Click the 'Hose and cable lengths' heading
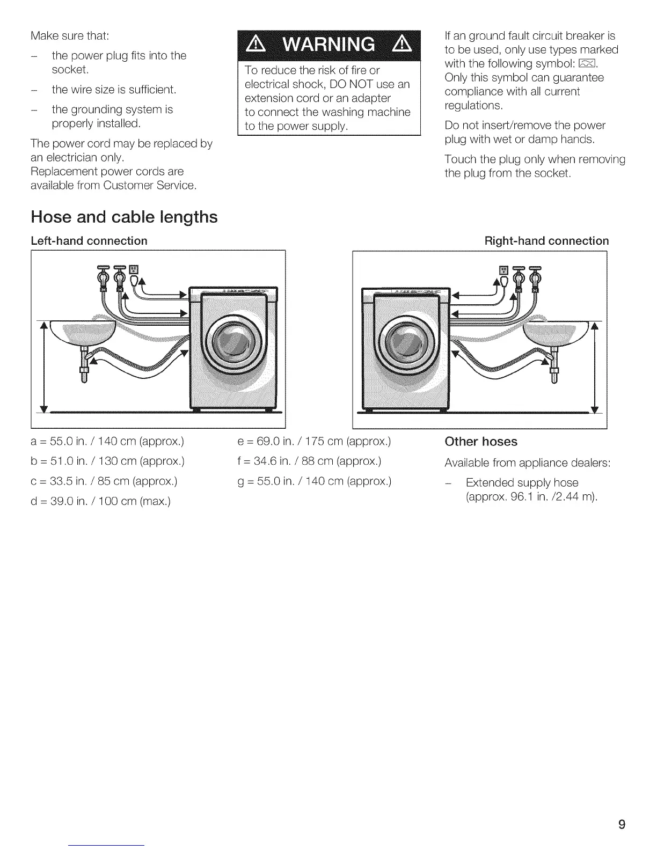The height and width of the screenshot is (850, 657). coord(124,217)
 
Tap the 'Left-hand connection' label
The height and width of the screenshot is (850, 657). coord(89,241)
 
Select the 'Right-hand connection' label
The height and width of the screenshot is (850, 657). coord(546,241)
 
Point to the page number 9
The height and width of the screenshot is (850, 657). coord(622,809)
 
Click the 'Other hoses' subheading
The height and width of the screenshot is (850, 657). coord(480,442)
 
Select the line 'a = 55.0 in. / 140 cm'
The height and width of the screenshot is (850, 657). coord(107,442)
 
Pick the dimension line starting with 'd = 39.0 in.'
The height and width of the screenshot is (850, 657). coord(101,501)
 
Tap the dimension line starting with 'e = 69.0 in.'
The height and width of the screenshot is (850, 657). coord(314,442)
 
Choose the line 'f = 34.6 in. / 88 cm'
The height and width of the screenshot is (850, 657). coord(309,461)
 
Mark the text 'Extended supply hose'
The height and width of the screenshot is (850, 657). coord(522,482)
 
